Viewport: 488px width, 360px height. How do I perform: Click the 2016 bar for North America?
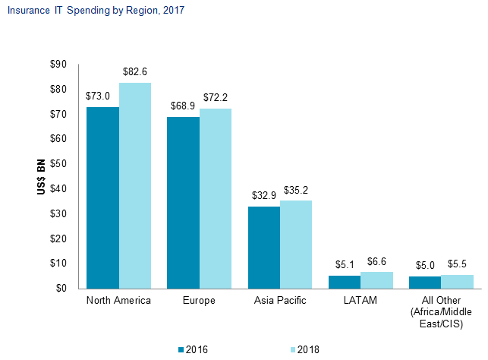click(x=102, y=197)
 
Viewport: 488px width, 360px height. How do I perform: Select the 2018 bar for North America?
click(x=135, y=185)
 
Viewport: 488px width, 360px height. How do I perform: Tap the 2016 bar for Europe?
click(x=183, y=202)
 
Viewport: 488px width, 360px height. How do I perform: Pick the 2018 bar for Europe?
click(x=216, y=198)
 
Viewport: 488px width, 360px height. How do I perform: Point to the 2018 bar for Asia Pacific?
click(x=296, y=244)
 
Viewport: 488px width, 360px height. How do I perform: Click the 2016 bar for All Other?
click(x=425, y=282)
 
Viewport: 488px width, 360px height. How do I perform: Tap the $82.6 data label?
click(x=136, y=71)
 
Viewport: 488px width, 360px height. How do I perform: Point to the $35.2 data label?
click(x=297, y=189)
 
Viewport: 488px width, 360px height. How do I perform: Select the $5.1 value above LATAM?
click(x=345, y=264)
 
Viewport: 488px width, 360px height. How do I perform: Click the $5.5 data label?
click(x=458, y=264)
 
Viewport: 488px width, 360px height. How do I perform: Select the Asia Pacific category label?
click(x=280, y=301)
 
